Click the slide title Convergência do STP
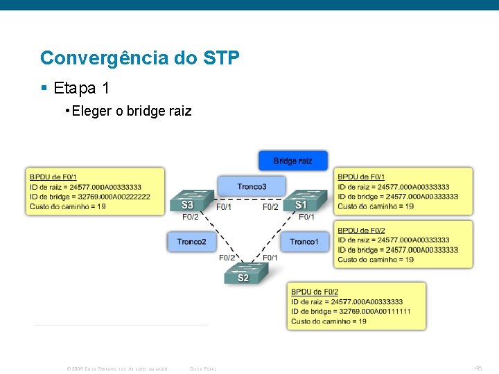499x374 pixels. [140, 57]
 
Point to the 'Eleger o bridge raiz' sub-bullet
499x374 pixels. [132, 111]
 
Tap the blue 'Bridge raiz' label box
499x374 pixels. [292, 161]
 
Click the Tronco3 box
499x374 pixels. [252, 186]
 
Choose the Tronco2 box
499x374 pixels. [191, 242]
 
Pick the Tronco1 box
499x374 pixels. [304, 242]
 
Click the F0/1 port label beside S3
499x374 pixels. [224, 206]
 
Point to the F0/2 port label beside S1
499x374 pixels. [270, 206]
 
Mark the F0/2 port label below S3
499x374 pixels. [191, 217]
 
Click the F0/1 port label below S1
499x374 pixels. [306, 217]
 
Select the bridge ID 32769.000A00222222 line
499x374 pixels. [90, 197]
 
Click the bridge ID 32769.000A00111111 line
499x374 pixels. [351, 312]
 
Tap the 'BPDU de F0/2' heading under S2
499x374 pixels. [315, 292]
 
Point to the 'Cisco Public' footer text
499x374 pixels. [203, 368]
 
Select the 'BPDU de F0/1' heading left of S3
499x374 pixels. [53, 177]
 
